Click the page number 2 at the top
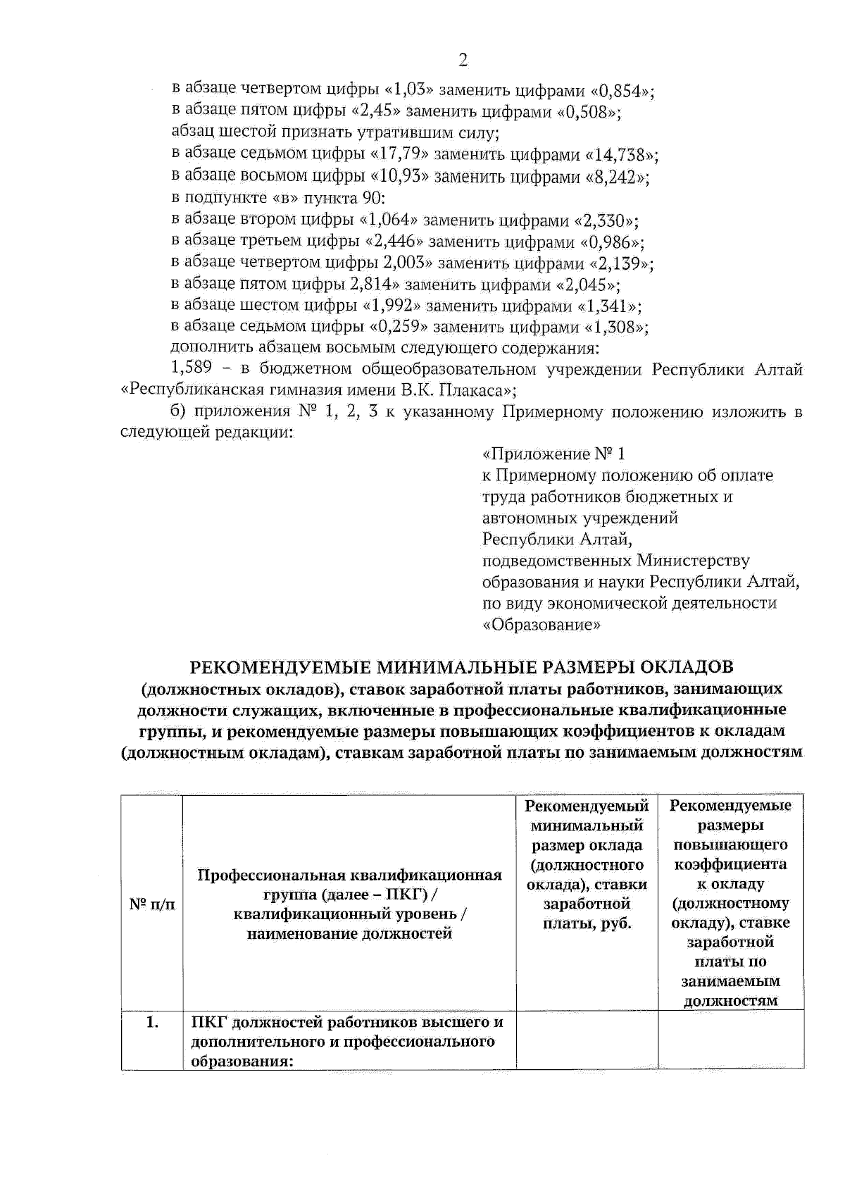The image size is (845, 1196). pos(463,61)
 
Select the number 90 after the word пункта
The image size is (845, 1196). pos(373,198)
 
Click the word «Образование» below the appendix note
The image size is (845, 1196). pos(542,625)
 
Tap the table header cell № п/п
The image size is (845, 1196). pos(152,904)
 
